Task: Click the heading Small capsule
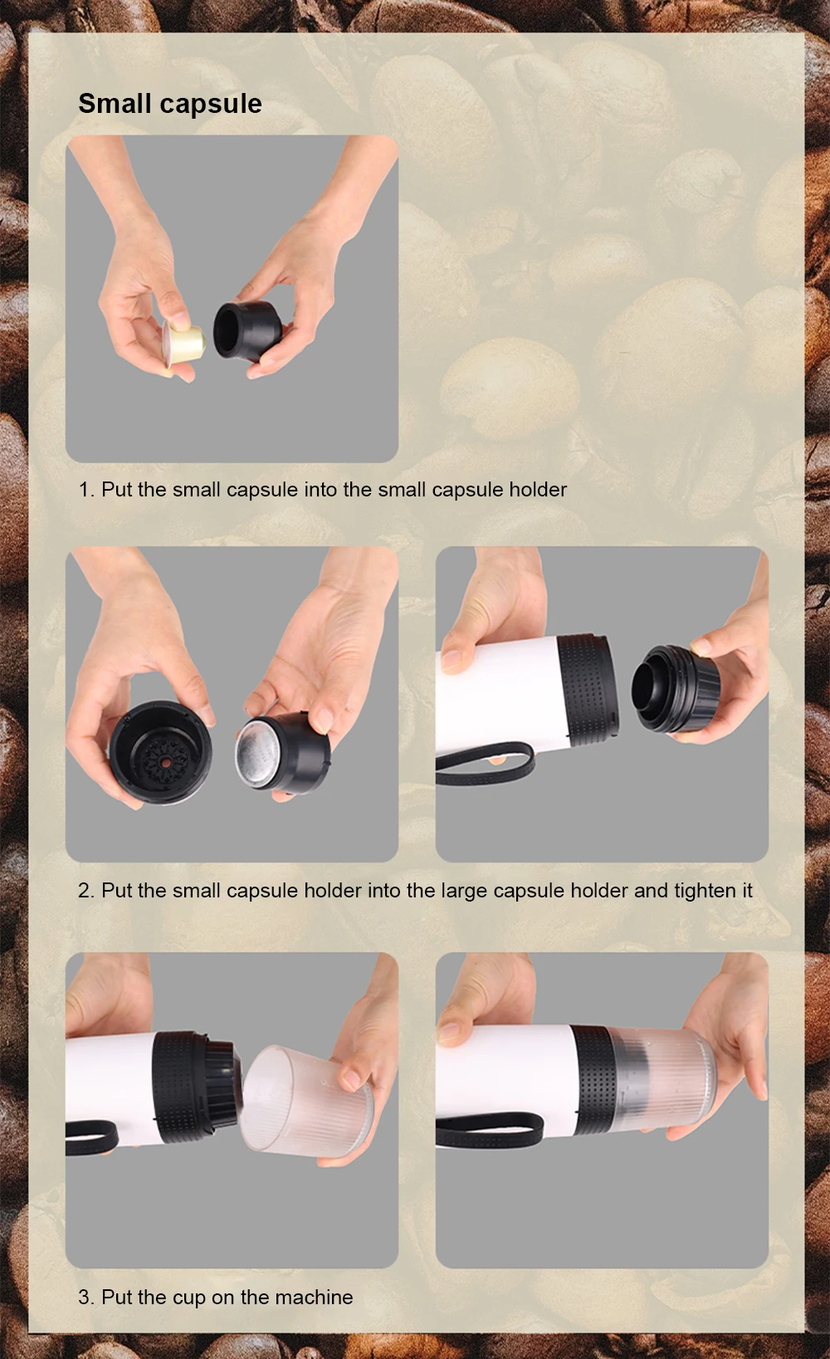tap(170, 105)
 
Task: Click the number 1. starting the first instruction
tap(87, 490)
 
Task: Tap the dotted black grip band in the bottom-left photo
tap(181, 1085)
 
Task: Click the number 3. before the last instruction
tap(87, 1297)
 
